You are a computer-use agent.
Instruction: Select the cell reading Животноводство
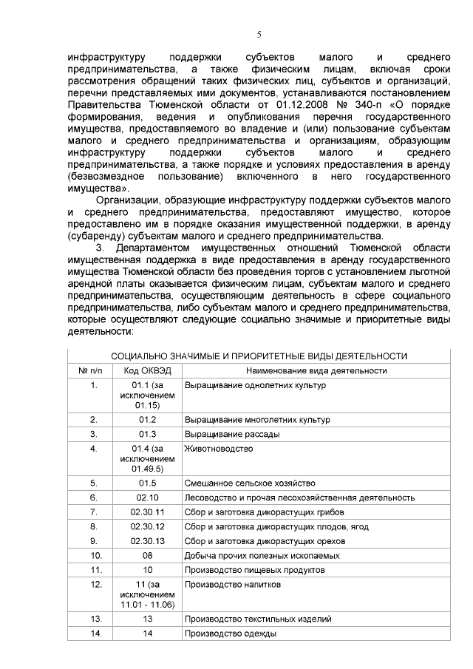tap(219, 448)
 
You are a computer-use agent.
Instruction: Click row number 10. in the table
tap(94, 554)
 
